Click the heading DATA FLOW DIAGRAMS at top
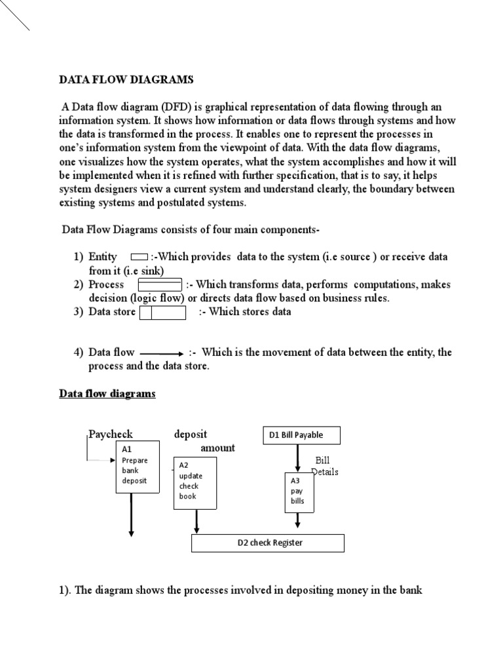126,80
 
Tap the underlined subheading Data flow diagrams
107,394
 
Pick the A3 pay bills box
298,491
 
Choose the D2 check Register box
267,543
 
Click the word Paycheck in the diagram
111,434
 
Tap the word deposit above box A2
191,434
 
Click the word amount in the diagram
217,448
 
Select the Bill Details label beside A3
325,467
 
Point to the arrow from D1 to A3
298,458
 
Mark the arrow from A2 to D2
196,522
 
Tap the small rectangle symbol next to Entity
139,258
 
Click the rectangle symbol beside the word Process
160,284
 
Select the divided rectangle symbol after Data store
163,312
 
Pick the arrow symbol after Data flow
162,353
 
